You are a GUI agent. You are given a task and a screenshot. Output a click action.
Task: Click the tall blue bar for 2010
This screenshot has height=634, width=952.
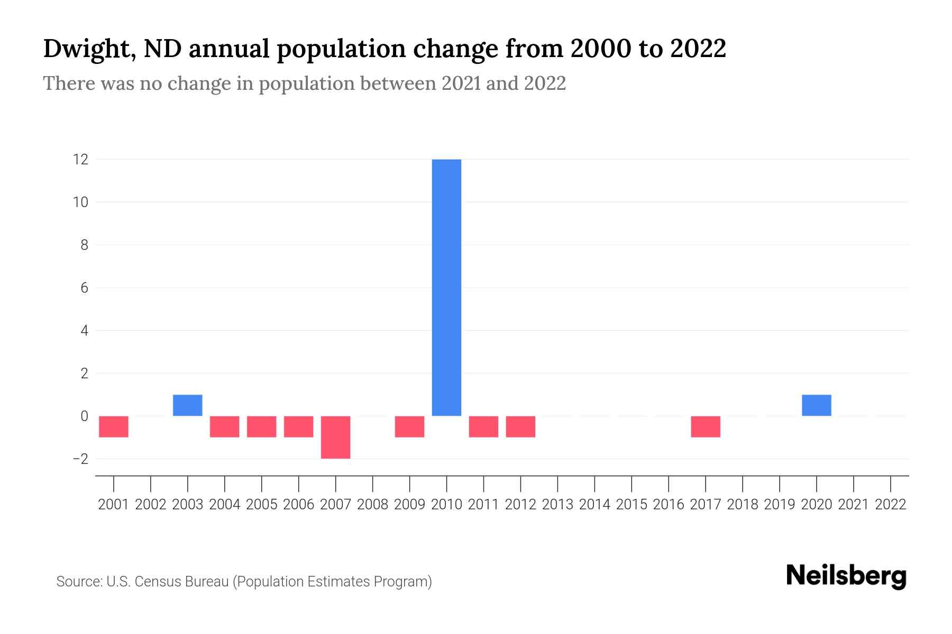pyautogui.click(x=446, y=287)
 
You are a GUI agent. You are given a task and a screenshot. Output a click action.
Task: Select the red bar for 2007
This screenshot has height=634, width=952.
pyautogui.click(x=335, y=437)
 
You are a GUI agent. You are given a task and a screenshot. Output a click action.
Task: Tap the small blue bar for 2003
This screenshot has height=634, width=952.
pyautogui.click(x=187, y=405)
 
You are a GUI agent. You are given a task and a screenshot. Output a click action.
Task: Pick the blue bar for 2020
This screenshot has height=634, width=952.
pyautogui.click(x=816, y=405)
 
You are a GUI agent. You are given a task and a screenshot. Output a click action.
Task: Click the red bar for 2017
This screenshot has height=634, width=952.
pyautogui.click(x=705, y=427)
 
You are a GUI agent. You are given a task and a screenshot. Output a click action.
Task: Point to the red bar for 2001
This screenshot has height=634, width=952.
pyautogui.click(x=114, y=427)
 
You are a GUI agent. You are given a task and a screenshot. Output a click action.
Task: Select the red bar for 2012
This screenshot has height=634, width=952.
pyautogui.click(x=520, y=427)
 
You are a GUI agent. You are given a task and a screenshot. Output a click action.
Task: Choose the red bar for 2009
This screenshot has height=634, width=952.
pyautogui.click(x=409, y=427)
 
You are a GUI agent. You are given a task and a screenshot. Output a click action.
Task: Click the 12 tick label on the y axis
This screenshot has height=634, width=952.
pyautogui.click(x=80, y=159)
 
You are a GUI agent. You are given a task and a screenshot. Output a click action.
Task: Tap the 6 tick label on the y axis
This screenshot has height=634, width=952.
pyautogui.click(x=84, y=288)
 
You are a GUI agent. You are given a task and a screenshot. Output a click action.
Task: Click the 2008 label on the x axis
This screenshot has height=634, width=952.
pyautogui.click(x=372, y=505)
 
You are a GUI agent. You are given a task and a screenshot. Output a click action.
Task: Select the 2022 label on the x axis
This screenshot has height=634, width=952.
pyautogui.click(x=890, y=505)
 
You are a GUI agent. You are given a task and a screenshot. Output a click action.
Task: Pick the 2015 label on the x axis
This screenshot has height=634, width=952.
pyautogui.click(x=631, y=505)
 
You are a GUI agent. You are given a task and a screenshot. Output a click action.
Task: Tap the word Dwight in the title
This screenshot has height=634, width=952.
pyautogui.click(x=85, y=49)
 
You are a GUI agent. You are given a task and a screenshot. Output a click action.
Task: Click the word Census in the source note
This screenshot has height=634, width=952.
pyautogui.click(x=155, y=582)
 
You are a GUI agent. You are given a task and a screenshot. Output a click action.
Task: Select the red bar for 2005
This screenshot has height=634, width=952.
pyautogui.click(x=261, y=427)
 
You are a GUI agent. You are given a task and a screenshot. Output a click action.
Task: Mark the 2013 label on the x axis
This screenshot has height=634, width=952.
pyautogui.click(x=557, y=505)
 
